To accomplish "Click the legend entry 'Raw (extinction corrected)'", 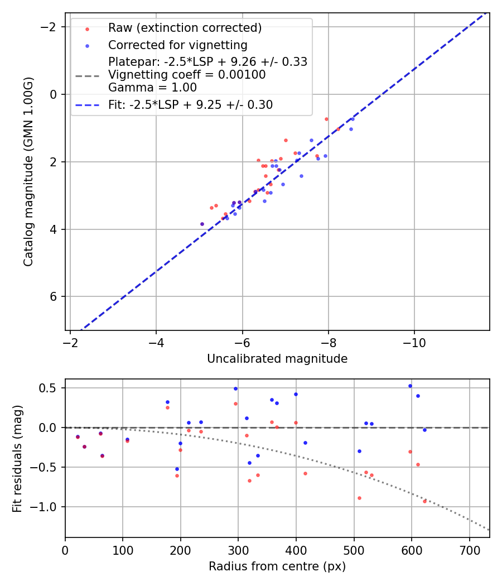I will point(185,28).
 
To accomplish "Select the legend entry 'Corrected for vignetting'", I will point(177,45).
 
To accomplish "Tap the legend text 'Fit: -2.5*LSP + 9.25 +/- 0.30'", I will point(190,104).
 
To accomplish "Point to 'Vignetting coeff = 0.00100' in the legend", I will point(187,75).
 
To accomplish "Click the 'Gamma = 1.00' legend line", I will point(152,88).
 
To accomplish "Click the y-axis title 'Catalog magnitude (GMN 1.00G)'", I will point(28,171).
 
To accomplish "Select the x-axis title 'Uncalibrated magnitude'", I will point(277,359).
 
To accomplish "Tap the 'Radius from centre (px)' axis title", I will point(277,566).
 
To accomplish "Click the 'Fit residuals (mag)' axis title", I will point(17,458).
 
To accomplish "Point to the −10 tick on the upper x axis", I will point(414,342).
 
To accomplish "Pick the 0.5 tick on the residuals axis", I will point(51,388).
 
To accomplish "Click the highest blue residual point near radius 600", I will point(410,386).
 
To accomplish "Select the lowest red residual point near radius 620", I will point(424,501).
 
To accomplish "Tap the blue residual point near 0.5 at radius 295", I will point(235,388).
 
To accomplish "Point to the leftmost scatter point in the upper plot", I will point(202,224).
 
